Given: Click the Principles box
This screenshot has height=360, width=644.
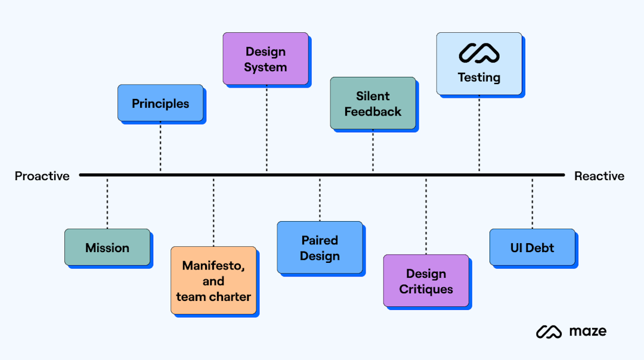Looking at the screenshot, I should point(160,103).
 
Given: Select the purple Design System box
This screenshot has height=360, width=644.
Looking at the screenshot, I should point(265,59).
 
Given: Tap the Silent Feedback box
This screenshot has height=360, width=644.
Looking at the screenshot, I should point(373,103).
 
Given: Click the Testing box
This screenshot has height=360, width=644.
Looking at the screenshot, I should point(479,64).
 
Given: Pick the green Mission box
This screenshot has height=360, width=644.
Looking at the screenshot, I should point(107,247).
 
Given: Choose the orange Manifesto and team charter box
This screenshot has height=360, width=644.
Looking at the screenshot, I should point(213,281).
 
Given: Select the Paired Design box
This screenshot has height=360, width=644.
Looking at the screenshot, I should point(320,248).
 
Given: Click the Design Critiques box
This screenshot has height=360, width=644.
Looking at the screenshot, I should point(426,281).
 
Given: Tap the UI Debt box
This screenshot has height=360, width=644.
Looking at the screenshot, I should point(532,247).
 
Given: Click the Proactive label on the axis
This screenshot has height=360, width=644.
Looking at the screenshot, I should point(42,176).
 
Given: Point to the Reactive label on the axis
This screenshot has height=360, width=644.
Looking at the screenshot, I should point(599,176).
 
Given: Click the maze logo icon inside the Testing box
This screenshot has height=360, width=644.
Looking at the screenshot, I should point(479,54).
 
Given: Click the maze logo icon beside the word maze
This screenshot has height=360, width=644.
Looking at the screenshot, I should point(549,331).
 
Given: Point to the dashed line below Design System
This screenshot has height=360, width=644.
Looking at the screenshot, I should point(267,128).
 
